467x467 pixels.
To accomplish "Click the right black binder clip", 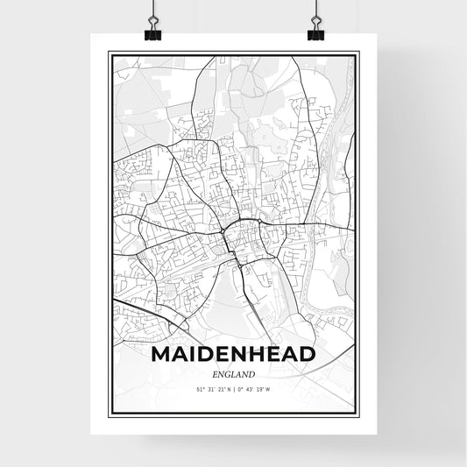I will click(315, 32).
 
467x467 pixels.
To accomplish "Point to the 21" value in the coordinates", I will click(220, 389).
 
